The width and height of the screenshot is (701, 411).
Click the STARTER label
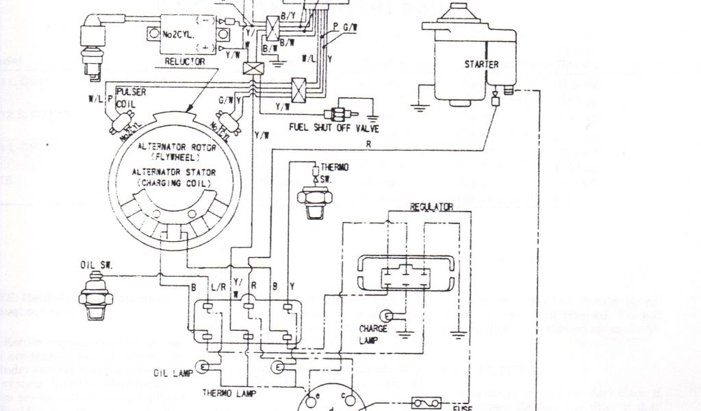481,65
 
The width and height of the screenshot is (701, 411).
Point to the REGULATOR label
432,206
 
